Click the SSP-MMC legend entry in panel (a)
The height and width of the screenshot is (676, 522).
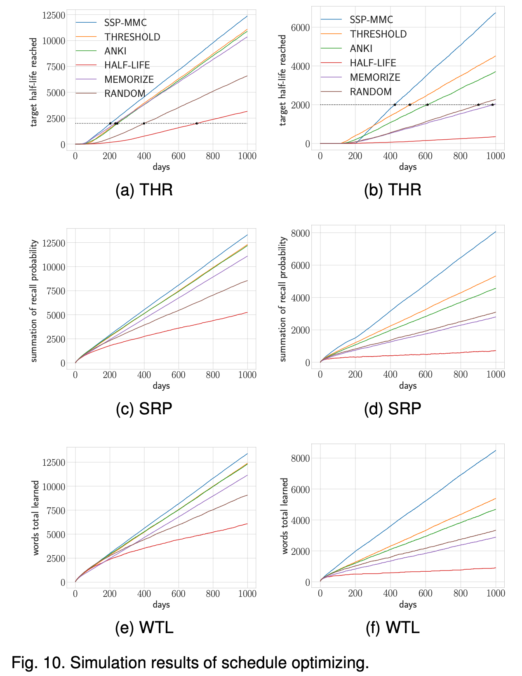[125, 23]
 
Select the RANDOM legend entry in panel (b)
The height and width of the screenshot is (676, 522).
[371, 92]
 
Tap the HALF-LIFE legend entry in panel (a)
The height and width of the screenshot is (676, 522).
[127, 65]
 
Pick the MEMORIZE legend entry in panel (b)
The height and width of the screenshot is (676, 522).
[375, 77]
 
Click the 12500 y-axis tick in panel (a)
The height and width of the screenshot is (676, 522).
[54, 16]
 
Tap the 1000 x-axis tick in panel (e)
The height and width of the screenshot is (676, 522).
[247, 594]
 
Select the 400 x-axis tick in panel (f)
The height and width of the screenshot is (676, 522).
[390, 593]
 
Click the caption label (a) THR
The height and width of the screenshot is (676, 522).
[144, 190]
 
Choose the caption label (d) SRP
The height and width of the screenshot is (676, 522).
[393, 408]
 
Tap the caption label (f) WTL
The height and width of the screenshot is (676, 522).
[393, 627]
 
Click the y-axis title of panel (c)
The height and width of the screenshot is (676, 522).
[34, 301]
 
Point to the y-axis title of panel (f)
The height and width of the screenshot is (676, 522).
[285, 516]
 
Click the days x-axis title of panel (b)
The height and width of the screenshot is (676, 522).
[408, 167]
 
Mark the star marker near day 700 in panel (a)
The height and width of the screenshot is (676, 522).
[197, 123]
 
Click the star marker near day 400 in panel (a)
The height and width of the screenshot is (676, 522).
[144, 123]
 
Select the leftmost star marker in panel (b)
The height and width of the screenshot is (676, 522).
[395, 105]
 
